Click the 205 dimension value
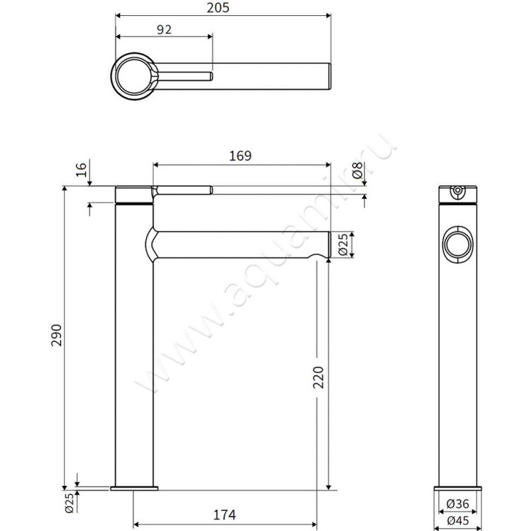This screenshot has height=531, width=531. pos(218,7)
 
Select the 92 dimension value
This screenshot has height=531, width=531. pos(164,30)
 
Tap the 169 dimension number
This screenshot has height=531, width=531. pos(240,156)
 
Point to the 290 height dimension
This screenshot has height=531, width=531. pos(56,335)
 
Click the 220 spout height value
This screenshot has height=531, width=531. pos(318,377)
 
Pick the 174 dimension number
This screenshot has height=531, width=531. pos(224,515)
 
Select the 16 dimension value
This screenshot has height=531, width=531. pos(81,169)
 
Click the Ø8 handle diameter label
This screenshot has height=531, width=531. pos(358,171)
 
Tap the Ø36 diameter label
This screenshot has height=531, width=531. pos(458,504)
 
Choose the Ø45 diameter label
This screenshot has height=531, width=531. pos(458,520)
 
